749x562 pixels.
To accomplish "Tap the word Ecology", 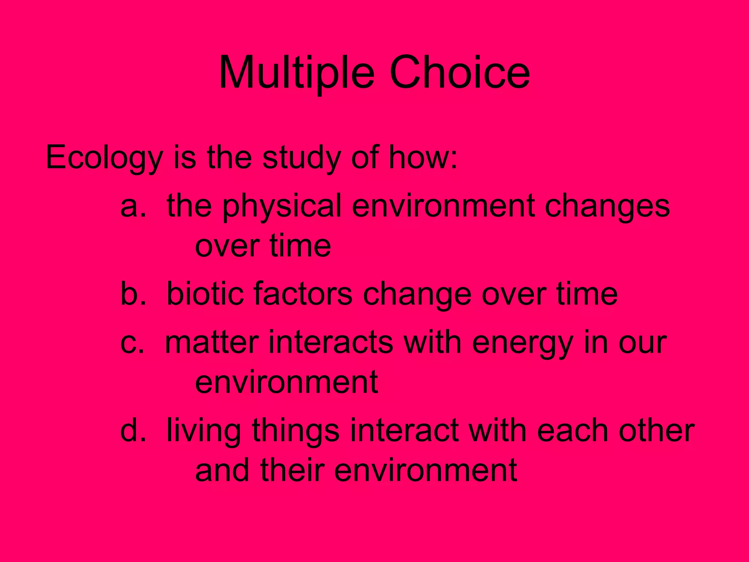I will [104, 158].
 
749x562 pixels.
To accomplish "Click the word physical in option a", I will [282, 207].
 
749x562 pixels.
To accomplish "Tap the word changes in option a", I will [607, 207].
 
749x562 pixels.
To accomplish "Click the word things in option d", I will [296, 431].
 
